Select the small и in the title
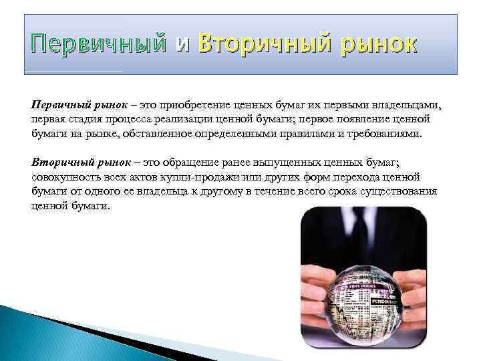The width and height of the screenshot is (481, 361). click(182, 45)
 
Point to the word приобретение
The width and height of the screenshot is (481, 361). click(188, 106)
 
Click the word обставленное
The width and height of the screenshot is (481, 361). click(170, 134)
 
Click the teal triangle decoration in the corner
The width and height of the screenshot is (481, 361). click(40, 334)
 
